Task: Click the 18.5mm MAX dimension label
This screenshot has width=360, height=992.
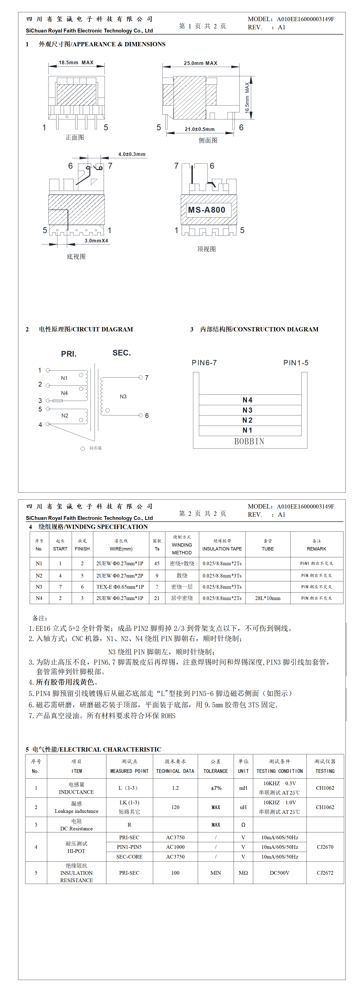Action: [x=76, y=62]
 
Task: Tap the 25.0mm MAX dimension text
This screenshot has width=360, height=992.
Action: [x=200, y=63]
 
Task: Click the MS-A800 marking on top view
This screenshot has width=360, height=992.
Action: [x=206, y=210]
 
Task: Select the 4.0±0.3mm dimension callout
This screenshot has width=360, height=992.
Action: [x=132, y=154]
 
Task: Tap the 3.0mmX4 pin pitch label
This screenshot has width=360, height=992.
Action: [x=96, y=241]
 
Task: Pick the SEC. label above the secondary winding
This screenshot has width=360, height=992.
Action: [x=121, y=353]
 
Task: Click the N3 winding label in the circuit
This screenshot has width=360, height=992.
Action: [x=123, y=396]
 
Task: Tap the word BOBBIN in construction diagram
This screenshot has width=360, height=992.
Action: [x=249, y=441]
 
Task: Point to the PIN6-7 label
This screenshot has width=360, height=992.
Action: [x=204, y=363]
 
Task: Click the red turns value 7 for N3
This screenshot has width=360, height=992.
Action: [x=157, y=587]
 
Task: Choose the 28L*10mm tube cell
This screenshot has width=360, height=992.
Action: [x=268, y=598]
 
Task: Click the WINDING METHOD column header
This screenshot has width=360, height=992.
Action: [x=182, y=545]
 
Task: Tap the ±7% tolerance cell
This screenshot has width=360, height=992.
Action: [x=216, y=788]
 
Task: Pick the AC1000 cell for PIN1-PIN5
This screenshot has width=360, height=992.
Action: [x=175, y=847]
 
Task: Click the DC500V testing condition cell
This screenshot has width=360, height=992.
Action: [x=279, y=873]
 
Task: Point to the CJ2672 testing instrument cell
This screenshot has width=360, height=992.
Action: [x=325, y=873]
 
